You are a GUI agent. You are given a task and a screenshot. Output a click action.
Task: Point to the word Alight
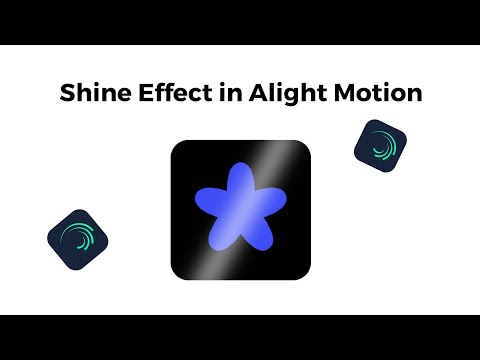(x=281, y=95)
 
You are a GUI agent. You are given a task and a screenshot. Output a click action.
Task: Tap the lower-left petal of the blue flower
(x=222, y=236)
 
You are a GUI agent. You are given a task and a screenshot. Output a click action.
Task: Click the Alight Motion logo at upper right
(x=380, y=144)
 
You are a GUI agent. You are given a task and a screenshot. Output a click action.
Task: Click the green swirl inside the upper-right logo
(x=382, y=146)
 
